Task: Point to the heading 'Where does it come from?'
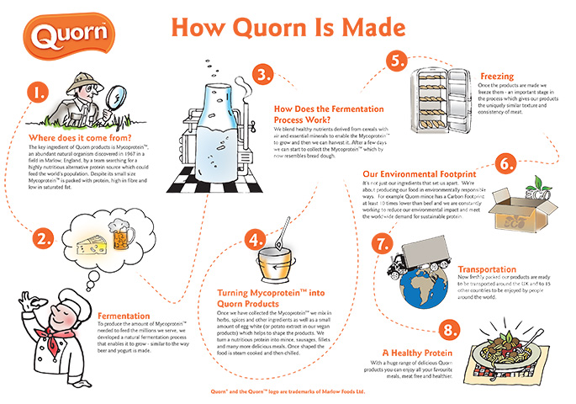[x=77, y=137]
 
